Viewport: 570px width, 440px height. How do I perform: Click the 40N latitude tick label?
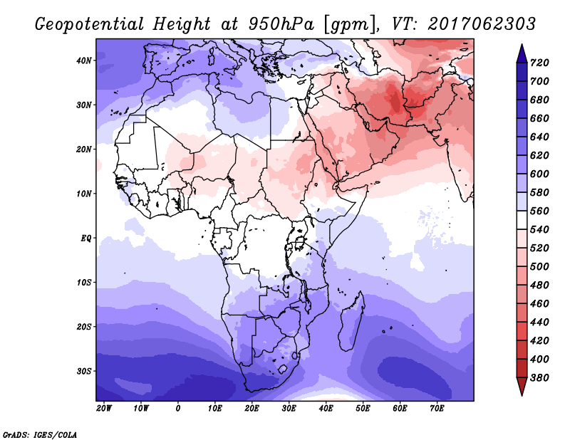(x=83, y=61)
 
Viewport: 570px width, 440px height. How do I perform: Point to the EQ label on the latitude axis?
(x=85, y=239)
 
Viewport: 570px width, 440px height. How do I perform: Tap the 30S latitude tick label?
(x=83, y=372)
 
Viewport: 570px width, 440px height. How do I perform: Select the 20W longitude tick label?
(x=104, y=409)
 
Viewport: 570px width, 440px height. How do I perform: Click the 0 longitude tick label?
(x=177, y=409)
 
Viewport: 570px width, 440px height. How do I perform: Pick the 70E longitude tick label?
(x=437, y=409)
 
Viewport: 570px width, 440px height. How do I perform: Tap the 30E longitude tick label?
(x=289, y=409)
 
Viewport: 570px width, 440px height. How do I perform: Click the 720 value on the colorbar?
(x=539, y=63)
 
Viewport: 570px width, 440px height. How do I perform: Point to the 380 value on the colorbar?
(x=539, y=378)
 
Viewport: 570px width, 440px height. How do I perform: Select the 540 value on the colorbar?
(x=539, y=230)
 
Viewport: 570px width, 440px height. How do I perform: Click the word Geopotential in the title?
(x=90, y=25)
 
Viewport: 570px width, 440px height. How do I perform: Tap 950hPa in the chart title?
(x=281, y=24)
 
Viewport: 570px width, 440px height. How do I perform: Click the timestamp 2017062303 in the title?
(x=482, y=24)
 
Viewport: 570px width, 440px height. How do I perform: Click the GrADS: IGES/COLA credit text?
(x=40, y=435)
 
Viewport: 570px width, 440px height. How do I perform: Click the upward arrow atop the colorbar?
(x=522, y=53)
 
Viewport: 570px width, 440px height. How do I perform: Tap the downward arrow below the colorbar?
(x=522, y=387)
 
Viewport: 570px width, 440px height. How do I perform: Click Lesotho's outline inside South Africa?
(x=282, y=370)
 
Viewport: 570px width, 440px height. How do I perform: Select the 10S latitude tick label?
(x=83, y=283)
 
